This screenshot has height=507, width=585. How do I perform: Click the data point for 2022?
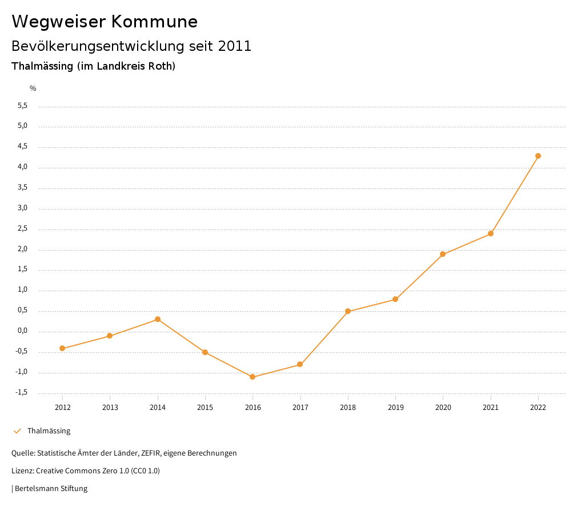click(538, 156)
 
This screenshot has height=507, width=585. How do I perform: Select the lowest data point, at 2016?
click(253, 377)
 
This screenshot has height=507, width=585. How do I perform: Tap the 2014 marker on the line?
click(158, 319)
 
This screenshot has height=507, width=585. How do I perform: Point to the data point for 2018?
click(348, 311)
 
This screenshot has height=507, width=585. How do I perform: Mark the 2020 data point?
click(443, 254)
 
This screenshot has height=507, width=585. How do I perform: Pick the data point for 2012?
click(62, 348)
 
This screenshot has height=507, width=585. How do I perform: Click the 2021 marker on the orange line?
click(491, 234)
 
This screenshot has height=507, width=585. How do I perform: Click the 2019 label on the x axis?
click(395, 407)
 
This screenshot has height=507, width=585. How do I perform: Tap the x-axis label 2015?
click(205, 407)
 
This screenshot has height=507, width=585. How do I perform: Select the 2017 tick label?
click(300, 407)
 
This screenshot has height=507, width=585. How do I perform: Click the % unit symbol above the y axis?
click(33, 88)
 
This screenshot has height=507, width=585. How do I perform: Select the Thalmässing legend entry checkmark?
click(17, 431)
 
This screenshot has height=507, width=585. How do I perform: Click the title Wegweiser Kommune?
click(105, 22)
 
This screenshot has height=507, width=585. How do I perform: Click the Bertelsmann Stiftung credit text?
click(51, 489)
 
